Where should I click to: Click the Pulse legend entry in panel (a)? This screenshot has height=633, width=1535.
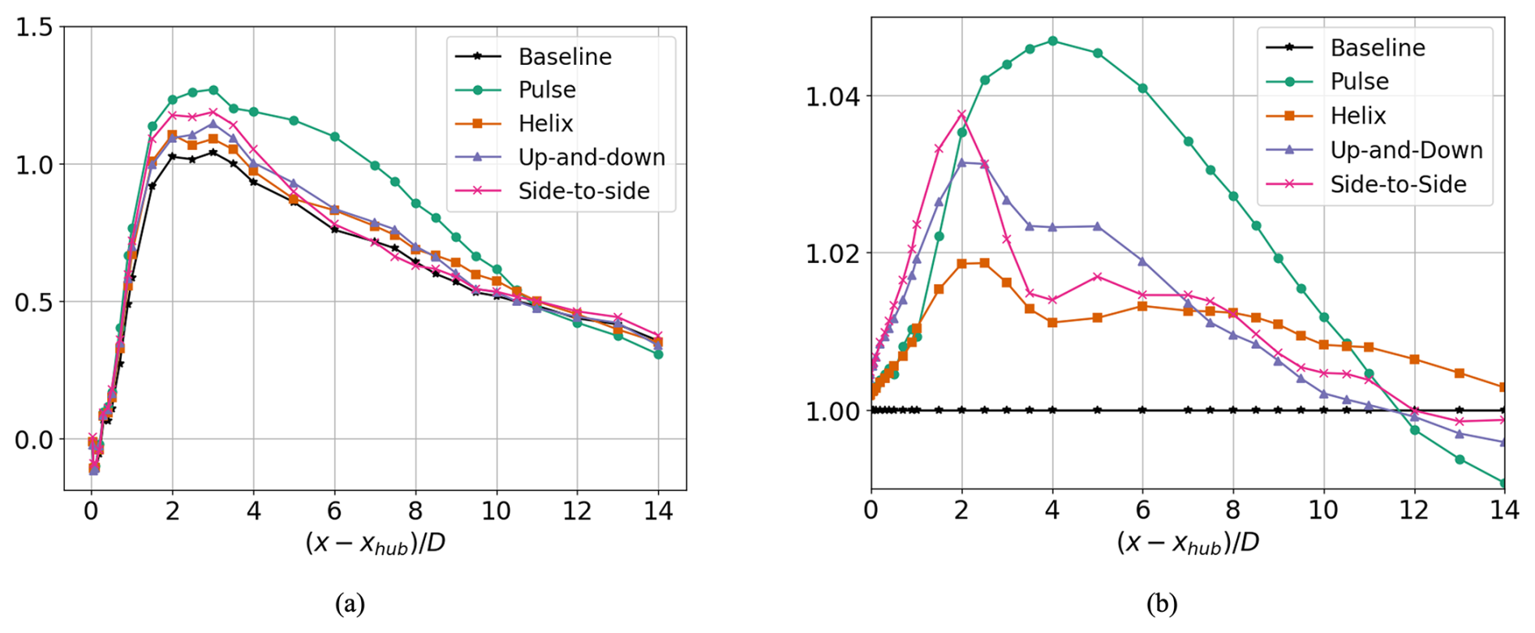pyautogui.click(x=547, y=90)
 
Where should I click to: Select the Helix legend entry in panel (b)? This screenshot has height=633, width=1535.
pyautogui.click(x=1358, y=116)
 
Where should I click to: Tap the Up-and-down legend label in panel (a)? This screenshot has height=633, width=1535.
pyautogui.click(x=591, y=157)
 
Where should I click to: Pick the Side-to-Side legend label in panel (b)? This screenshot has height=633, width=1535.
pyautogui.click(x=1398, y=185)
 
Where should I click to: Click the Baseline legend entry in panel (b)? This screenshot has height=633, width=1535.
pyautogui.click(x=1378, y=48)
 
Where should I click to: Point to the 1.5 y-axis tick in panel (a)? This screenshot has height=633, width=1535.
pyautogui.click(x=34, y=28)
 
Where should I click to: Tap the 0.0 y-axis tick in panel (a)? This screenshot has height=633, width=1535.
pyautogui.click(x=34, y=440)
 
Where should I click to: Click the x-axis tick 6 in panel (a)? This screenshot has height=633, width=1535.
pyautogui.click(x=334, y=511)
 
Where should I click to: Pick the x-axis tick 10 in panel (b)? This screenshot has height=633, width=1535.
pyautogui.click(x=1323, y=510)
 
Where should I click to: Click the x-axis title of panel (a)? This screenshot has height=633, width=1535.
pyautogui.click(x=375, y=544)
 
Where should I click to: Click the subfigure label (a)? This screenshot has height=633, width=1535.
pyautogui.click(x=350, y=604)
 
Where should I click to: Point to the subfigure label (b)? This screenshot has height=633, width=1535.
pyautogui.click(x=1162, y=604)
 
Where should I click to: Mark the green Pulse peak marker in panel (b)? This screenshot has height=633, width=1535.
pyautogui.click(x=1052, y=41)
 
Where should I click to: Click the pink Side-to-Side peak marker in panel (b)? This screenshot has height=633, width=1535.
pyautogui.click(x=962, y=114)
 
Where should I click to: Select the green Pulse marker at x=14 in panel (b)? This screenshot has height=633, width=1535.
pyautogui.click(x=1503, y=484)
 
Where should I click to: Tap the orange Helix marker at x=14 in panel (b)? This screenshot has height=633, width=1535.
pyautogui.click(x=1503, y=387)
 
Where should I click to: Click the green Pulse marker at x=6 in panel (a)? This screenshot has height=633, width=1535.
pyautogui.click(x=334, y=137)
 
